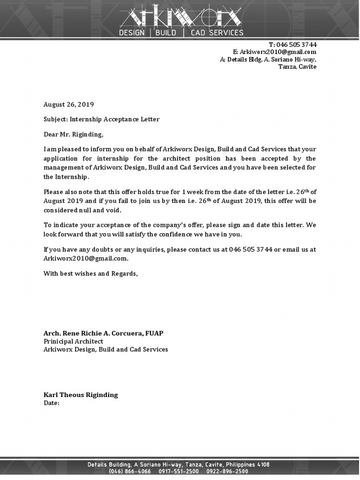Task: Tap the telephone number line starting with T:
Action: click(x=292, y=45)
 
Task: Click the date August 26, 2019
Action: click(x=68, y=105)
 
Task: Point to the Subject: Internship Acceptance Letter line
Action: click(x=101, y=119)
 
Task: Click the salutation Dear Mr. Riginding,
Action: click(x=73, y=135)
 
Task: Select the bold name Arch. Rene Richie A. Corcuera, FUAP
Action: click(x=103, y=333)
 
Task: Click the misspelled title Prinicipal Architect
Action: click(x=73, y=341)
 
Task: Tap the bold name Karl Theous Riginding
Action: click(x=81, y=395)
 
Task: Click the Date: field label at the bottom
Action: click(x=52, y=403)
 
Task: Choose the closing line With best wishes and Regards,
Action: click(x=90, y=274)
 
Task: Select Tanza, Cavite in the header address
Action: click(x=297, y=67)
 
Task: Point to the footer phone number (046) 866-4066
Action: click(x=130, y=472)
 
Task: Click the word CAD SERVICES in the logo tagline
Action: click(x=217, y=33)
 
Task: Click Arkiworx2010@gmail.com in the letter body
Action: click(x=85, y=258)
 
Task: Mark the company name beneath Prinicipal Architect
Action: click(x=105, y=349)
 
